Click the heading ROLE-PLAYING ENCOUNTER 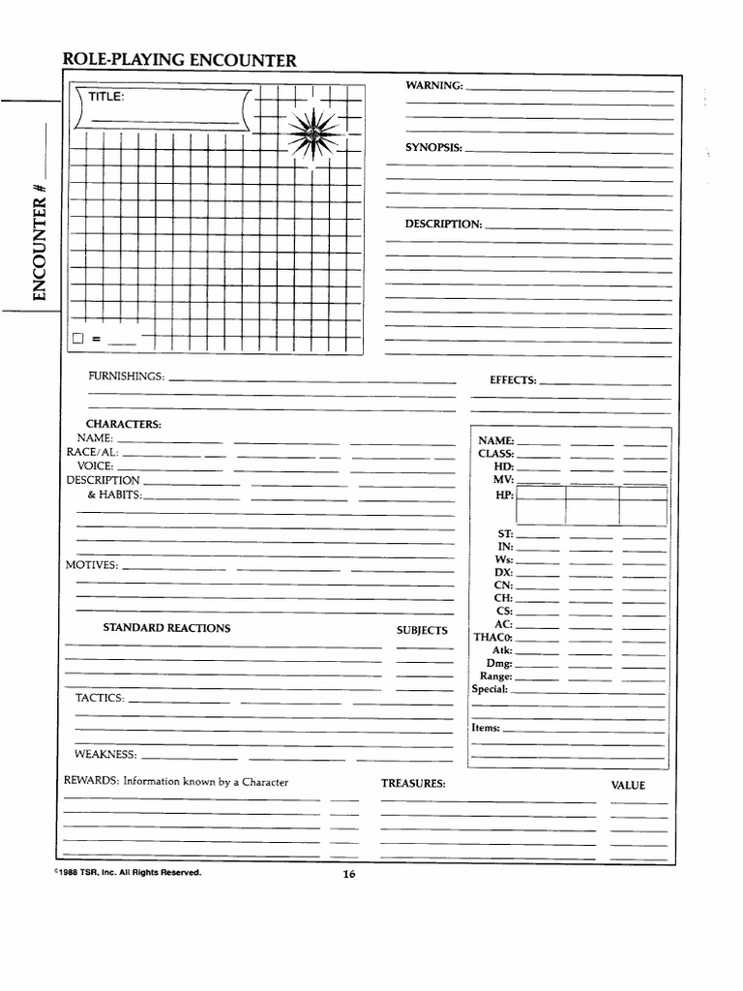(x=179, y=61)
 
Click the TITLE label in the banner (x=106, y=96)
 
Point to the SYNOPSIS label (x=433, y=148)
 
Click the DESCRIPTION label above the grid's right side (x=443, y=225)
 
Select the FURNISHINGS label (x=127, y=375)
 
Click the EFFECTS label (x=513, y=380)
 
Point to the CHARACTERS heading (x=124, y=424)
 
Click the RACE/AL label (x=92, y=452)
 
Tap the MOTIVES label (x=92, y=565)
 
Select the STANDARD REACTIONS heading (x=166, y=628)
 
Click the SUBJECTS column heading (x=422, y=630)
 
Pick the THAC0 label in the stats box (x=492, y=638)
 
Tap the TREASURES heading (x=413, y=783)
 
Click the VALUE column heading (x=628, y=785)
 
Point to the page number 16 (x=349, y=875)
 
